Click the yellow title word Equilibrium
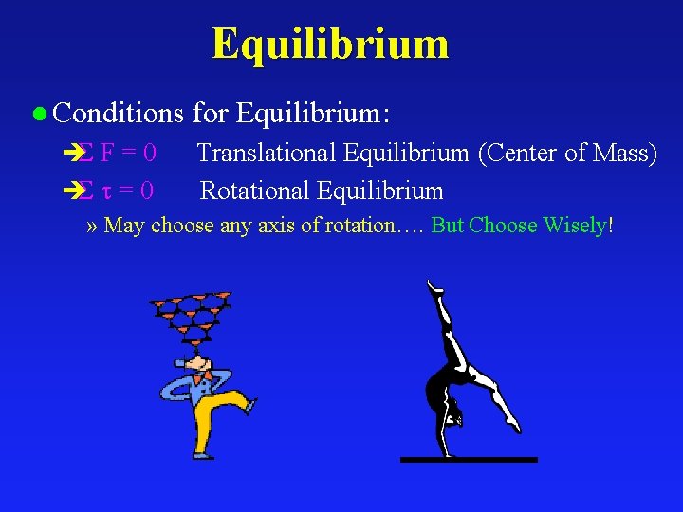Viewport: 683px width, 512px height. click(x=329, y=44)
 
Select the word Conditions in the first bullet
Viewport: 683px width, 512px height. click(x=119, y=114)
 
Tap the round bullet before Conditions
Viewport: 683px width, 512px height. click(x=39, y=115)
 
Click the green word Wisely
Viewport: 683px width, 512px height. click(x=574, y=226)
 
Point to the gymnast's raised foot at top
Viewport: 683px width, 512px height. click(x=433, y=284)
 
